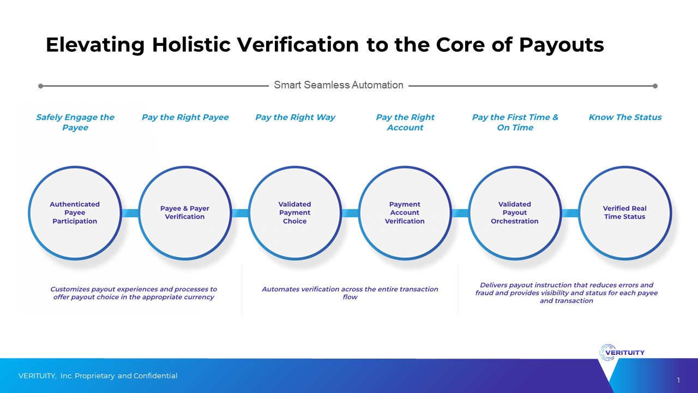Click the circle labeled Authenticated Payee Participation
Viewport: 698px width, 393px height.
point(75,213)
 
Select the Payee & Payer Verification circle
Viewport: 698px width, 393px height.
point(185,213)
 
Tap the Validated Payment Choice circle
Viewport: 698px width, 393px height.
point(295,213)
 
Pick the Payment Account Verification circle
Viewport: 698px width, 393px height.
point(405,213)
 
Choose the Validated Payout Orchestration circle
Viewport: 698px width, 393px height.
point(515,213)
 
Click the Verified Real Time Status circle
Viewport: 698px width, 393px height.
point(625,213)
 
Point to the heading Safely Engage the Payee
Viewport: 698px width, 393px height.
point(75,122)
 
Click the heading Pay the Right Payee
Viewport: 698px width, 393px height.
point(185,117)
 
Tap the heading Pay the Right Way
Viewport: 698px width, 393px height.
point(295,117)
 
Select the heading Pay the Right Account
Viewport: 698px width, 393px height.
point(405,122)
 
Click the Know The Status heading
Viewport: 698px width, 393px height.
point(625,117)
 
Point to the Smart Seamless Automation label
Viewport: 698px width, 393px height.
point(339,85)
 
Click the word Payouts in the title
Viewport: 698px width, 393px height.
point(562,45)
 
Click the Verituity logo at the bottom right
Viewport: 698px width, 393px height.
point(622,353)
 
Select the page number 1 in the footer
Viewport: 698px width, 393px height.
point(678,380)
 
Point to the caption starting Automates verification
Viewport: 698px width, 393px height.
point(350,293)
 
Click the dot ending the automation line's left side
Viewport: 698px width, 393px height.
point(40,86)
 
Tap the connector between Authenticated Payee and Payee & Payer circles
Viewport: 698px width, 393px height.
point(130,213)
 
